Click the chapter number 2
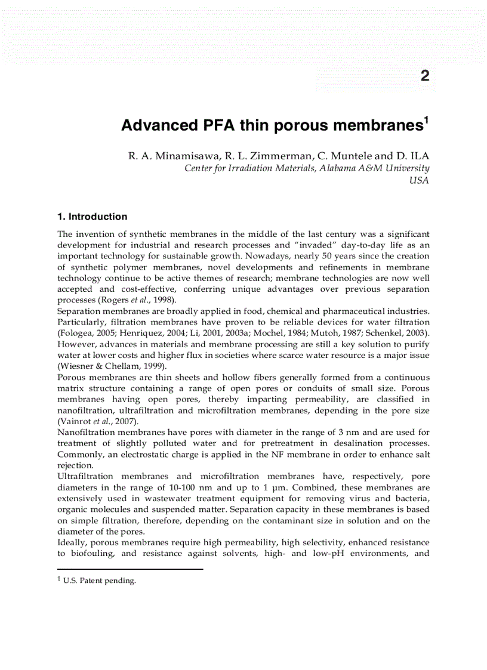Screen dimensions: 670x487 coord(424,76)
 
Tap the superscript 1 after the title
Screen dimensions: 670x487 coord(426,121)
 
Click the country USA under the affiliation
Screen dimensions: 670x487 coord(419,180)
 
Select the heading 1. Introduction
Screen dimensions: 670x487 coord(92,217)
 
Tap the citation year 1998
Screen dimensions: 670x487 coord(163,300)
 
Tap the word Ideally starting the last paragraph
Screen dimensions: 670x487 coord(72,542)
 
